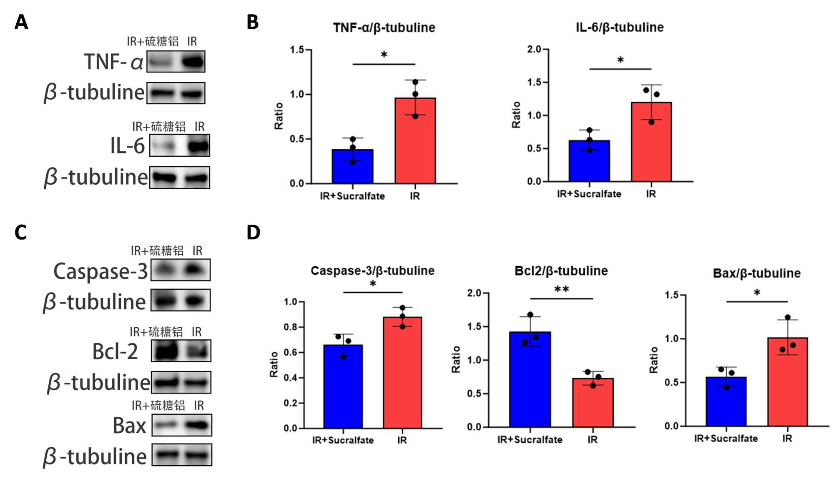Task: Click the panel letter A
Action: click(21, 22)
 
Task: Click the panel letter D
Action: click(253, 232)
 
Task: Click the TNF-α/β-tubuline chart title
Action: click(384, 28)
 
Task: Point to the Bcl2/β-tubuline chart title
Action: click(561, 271)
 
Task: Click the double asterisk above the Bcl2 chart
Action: click(561, 289)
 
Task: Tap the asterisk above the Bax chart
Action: click(757, 293)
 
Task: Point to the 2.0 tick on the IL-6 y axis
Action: click(534, 49)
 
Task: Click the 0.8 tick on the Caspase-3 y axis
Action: click(290, 327)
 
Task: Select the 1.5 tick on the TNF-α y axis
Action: click(297, 50)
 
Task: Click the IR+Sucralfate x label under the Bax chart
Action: click(726, 439)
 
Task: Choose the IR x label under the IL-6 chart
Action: click(651, 194)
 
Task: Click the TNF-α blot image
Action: click(176, 62)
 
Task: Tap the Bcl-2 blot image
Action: click(181, 351)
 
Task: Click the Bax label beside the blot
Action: click(129, 426)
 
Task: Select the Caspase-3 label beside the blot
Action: click(100, 271)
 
